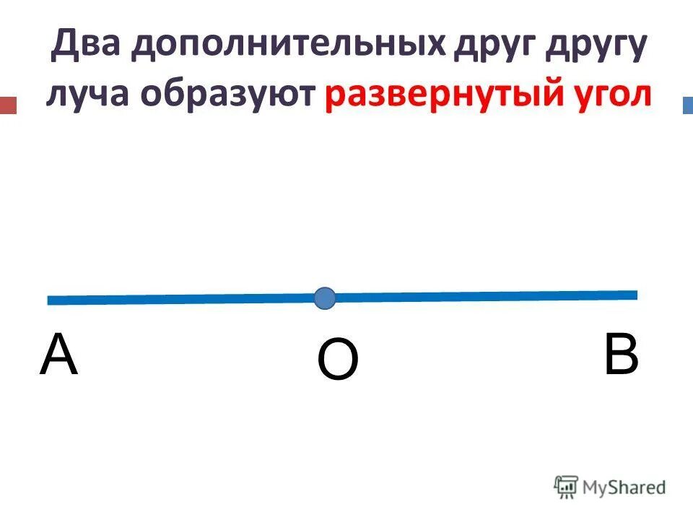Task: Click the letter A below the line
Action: point(58,356)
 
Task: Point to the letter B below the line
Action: point(621,355)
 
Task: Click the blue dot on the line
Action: point(325,298)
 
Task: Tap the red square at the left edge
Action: point(8,105)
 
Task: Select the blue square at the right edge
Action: point(687,105)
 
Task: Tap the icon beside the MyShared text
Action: point(566,487)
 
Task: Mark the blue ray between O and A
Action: point(180,299)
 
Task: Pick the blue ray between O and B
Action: point(484,295)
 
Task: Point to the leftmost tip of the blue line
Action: point(48,300)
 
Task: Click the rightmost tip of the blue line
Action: point(637,294)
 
